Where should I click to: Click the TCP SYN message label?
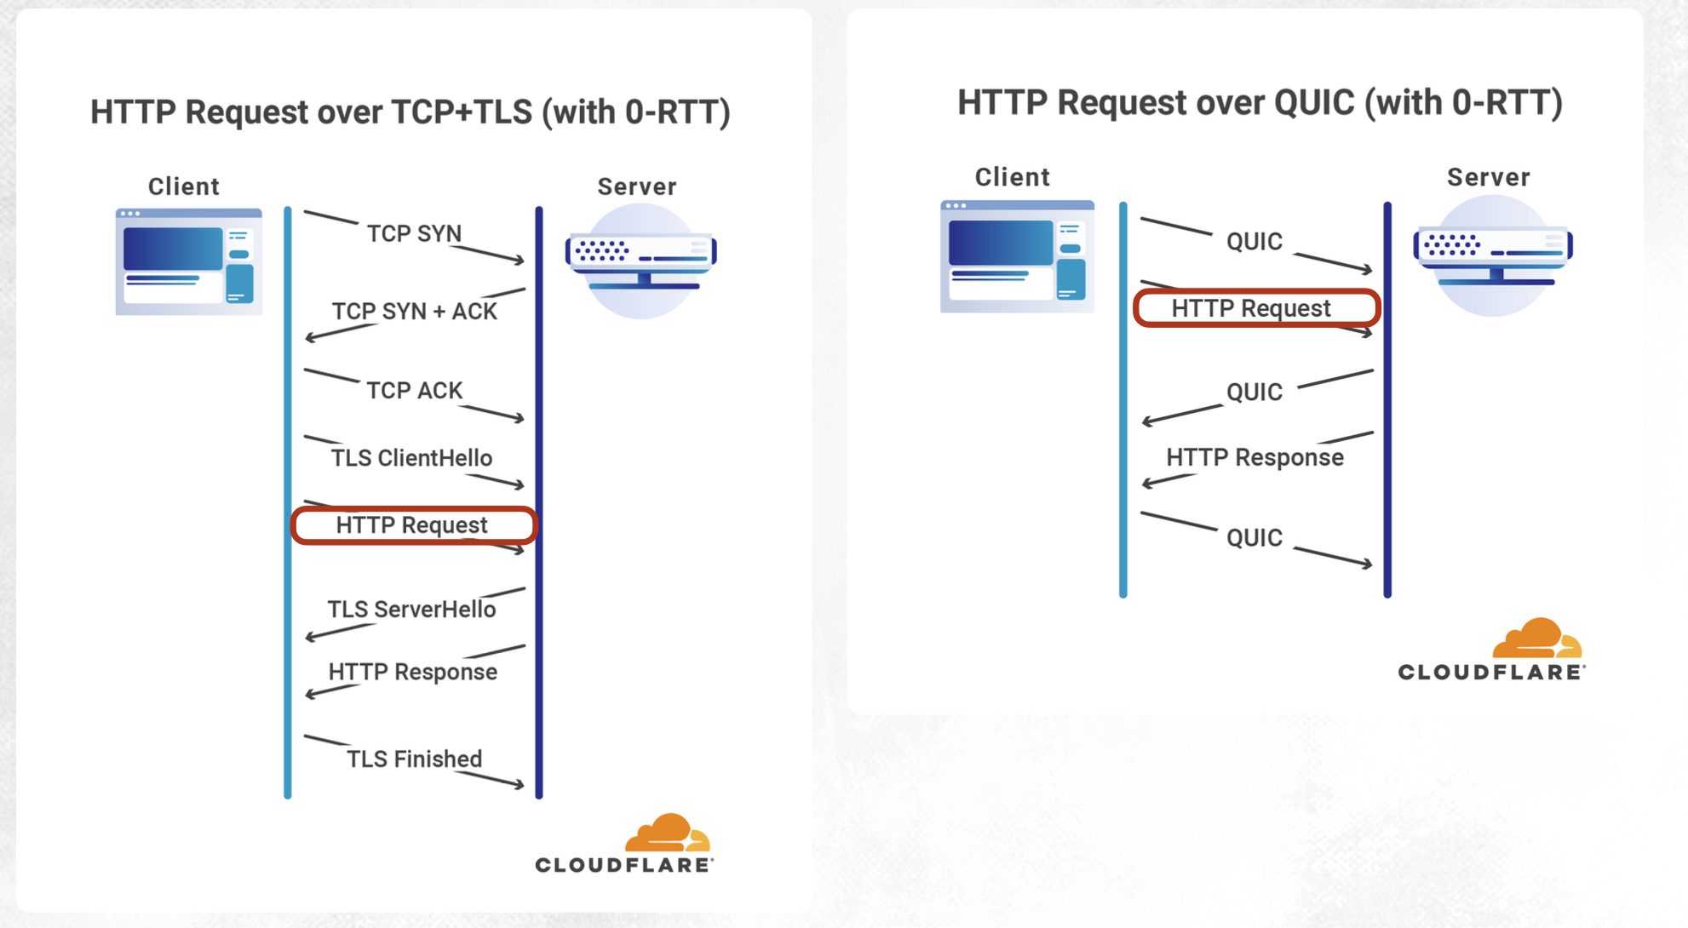click(414, 233)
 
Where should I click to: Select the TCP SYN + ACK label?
click(414, 312)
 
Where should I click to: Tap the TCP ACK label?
click(414, 390)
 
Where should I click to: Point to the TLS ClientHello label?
click(411, 458)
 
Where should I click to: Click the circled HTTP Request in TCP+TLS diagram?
click(412, 525)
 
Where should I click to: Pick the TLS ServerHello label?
click(411, 610)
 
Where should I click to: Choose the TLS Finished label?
click(414, 759)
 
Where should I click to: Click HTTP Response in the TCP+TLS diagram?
click(413, 672)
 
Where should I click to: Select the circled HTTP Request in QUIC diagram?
click(1251, 308)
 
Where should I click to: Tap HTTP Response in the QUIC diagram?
click(1255, 457)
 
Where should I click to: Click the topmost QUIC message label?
click(1254, 242)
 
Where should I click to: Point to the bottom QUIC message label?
click(1254, 538)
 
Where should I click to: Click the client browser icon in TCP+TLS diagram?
click(188, 261)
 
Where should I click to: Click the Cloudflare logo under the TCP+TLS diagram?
click(624, 844)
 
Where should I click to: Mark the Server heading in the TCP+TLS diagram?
click(636, 186)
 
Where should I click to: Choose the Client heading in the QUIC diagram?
click(1012, 177)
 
